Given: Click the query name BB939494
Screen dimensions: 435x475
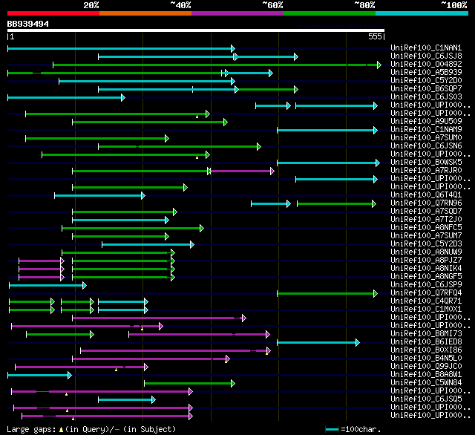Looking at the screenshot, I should (x=28, y=24).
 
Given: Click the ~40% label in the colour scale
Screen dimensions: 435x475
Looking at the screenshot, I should (x=180, y=5).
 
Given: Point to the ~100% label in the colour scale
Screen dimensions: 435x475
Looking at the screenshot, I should (x=453, y=5).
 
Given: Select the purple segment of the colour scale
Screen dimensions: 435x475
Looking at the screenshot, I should (x=237, y=13).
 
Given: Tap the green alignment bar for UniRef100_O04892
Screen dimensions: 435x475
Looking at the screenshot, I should (x=215, y=65).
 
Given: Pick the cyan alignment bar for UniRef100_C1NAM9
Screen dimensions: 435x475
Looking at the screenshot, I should (x=327, y=130).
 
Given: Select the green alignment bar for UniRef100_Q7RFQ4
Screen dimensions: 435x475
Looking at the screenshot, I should (x=327, y=293).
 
